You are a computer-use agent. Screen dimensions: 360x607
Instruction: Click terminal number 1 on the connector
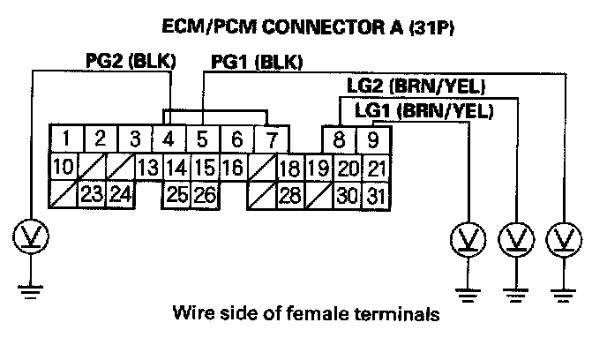[67, 139]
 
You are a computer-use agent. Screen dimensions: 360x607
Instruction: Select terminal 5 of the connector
[202, 139]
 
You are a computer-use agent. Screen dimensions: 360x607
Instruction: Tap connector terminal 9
[373, 139]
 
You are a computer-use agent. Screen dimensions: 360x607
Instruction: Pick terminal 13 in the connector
[147, 168]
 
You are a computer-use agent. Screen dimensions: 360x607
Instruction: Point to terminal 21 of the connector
[375, 168]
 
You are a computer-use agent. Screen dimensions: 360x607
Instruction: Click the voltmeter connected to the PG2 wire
[32, 236]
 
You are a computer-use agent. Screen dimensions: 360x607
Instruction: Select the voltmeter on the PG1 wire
[561, 237]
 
